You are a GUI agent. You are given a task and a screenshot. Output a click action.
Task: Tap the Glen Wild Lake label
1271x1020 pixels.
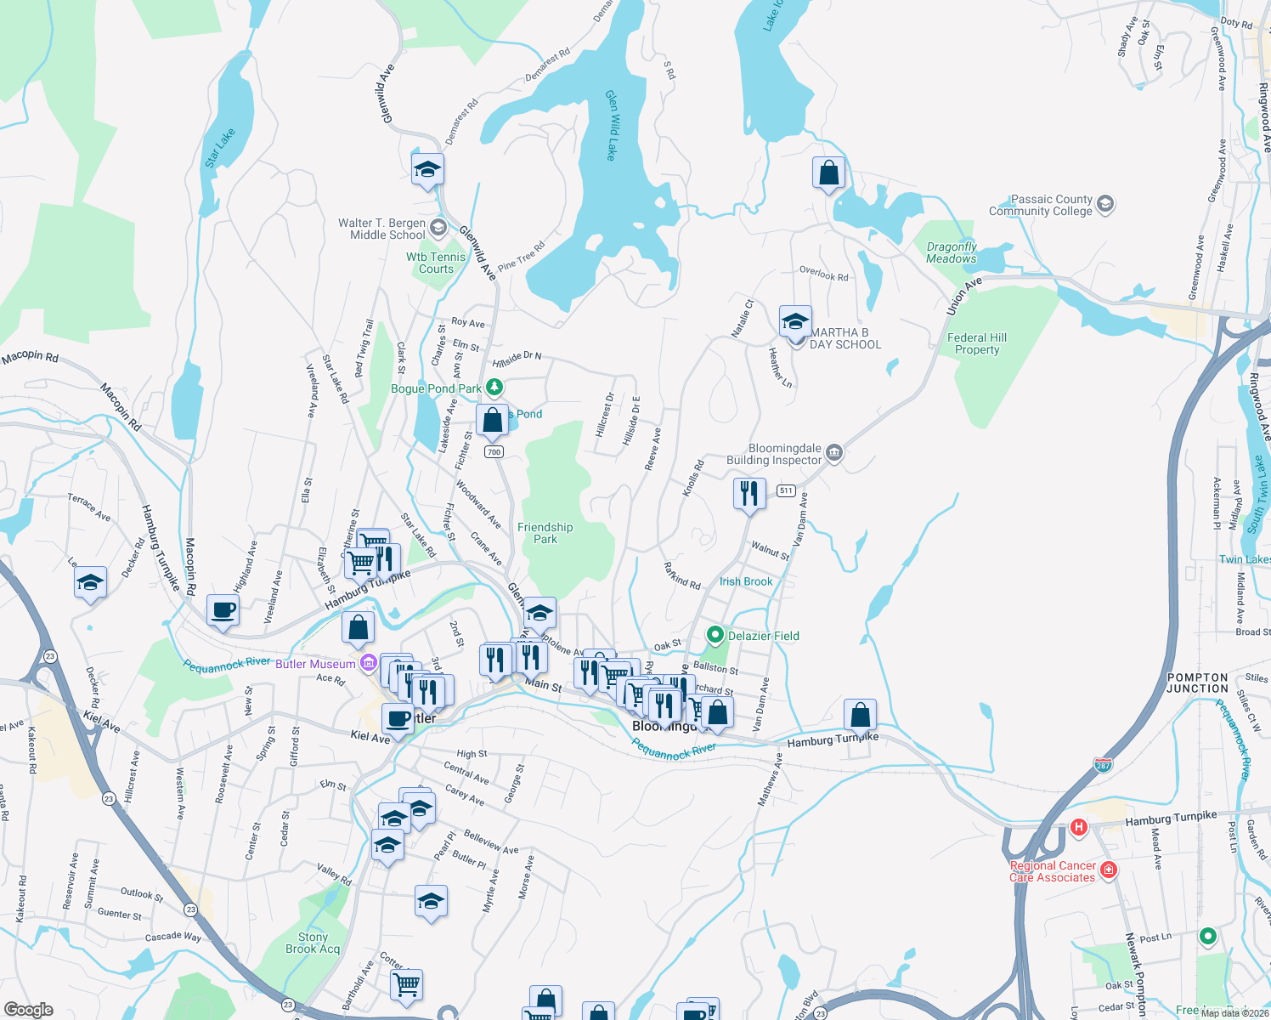[610, 126]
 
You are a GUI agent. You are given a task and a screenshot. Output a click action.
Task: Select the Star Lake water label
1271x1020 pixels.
[219, 148]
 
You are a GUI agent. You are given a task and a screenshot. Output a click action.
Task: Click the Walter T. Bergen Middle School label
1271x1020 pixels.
[381, 229]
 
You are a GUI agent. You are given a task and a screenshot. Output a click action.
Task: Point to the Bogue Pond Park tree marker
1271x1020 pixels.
[494, 388]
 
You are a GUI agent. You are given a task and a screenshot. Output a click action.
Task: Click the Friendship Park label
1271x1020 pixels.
[545, 533]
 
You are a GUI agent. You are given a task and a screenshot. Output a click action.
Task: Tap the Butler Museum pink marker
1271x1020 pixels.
[368, 663]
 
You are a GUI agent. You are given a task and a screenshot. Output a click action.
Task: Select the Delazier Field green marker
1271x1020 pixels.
[715, 635]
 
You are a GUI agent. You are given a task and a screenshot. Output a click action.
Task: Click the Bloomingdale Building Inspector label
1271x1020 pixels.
[774, 454]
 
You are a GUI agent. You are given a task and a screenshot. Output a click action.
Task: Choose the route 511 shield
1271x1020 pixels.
[785, 490]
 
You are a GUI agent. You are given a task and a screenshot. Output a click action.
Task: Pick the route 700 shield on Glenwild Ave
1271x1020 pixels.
[494, 451]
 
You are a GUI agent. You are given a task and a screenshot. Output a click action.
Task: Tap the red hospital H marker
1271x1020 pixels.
[1078, 826]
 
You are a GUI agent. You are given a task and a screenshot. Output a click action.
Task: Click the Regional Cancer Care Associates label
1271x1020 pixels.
[1053, 872]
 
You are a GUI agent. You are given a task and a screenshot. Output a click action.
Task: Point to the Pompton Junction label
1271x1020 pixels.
[1197, 683]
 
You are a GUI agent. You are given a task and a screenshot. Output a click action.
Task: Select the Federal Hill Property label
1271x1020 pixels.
[976, 343]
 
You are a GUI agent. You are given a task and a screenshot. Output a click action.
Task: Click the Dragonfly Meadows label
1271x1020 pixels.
[951, 252]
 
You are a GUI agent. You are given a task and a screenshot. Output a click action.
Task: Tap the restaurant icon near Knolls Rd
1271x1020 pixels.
[749, 493]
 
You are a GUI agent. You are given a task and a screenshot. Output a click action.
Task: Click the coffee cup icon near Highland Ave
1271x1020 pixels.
[223, 609]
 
